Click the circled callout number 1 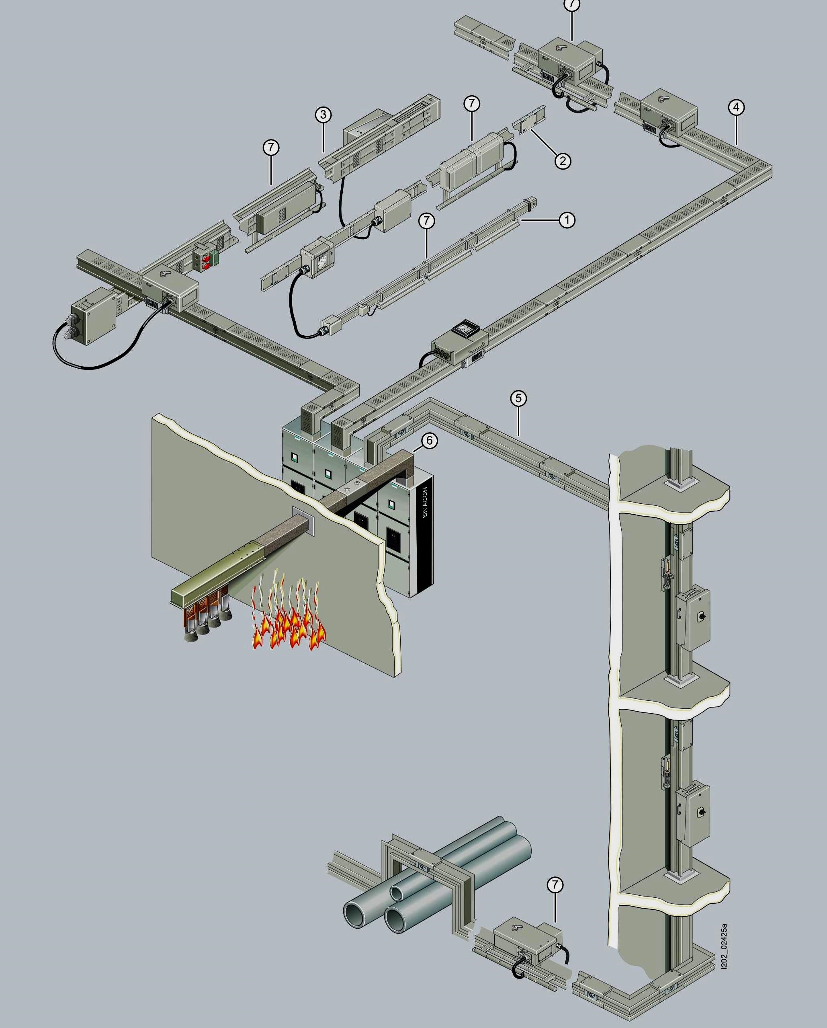567,220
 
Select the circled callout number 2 563,161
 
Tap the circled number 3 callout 323,115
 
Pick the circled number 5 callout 519,398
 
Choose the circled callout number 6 430,441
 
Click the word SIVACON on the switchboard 425,502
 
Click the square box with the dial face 315,259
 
